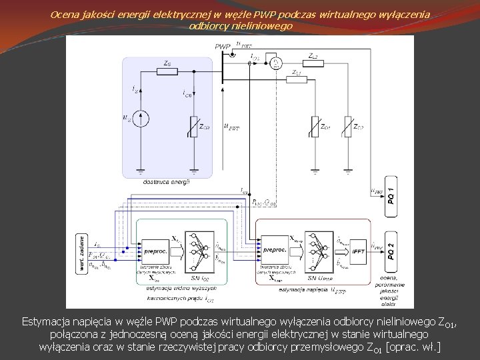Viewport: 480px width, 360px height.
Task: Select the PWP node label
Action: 223,47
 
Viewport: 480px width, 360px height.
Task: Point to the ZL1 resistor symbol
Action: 297,79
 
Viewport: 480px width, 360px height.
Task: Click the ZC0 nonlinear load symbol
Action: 193,126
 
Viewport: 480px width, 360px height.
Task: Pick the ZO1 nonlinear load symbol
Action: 315,126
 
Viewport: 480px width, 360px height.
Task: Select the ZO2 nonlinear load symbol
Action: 347,126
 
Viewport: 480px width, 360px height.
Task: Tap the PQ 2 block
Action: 391,251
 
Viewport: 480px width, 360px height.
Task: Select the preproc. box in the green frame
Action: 155,250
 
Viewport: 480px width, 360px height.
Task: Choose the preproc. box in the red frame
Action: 275,250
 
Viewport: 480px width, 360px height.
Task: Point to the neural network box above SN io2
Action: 199,251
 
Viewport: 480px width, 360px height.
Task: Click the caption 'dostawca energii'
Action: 167,181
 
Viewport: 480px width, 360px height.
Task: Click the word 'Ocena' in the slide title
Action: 65,13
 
